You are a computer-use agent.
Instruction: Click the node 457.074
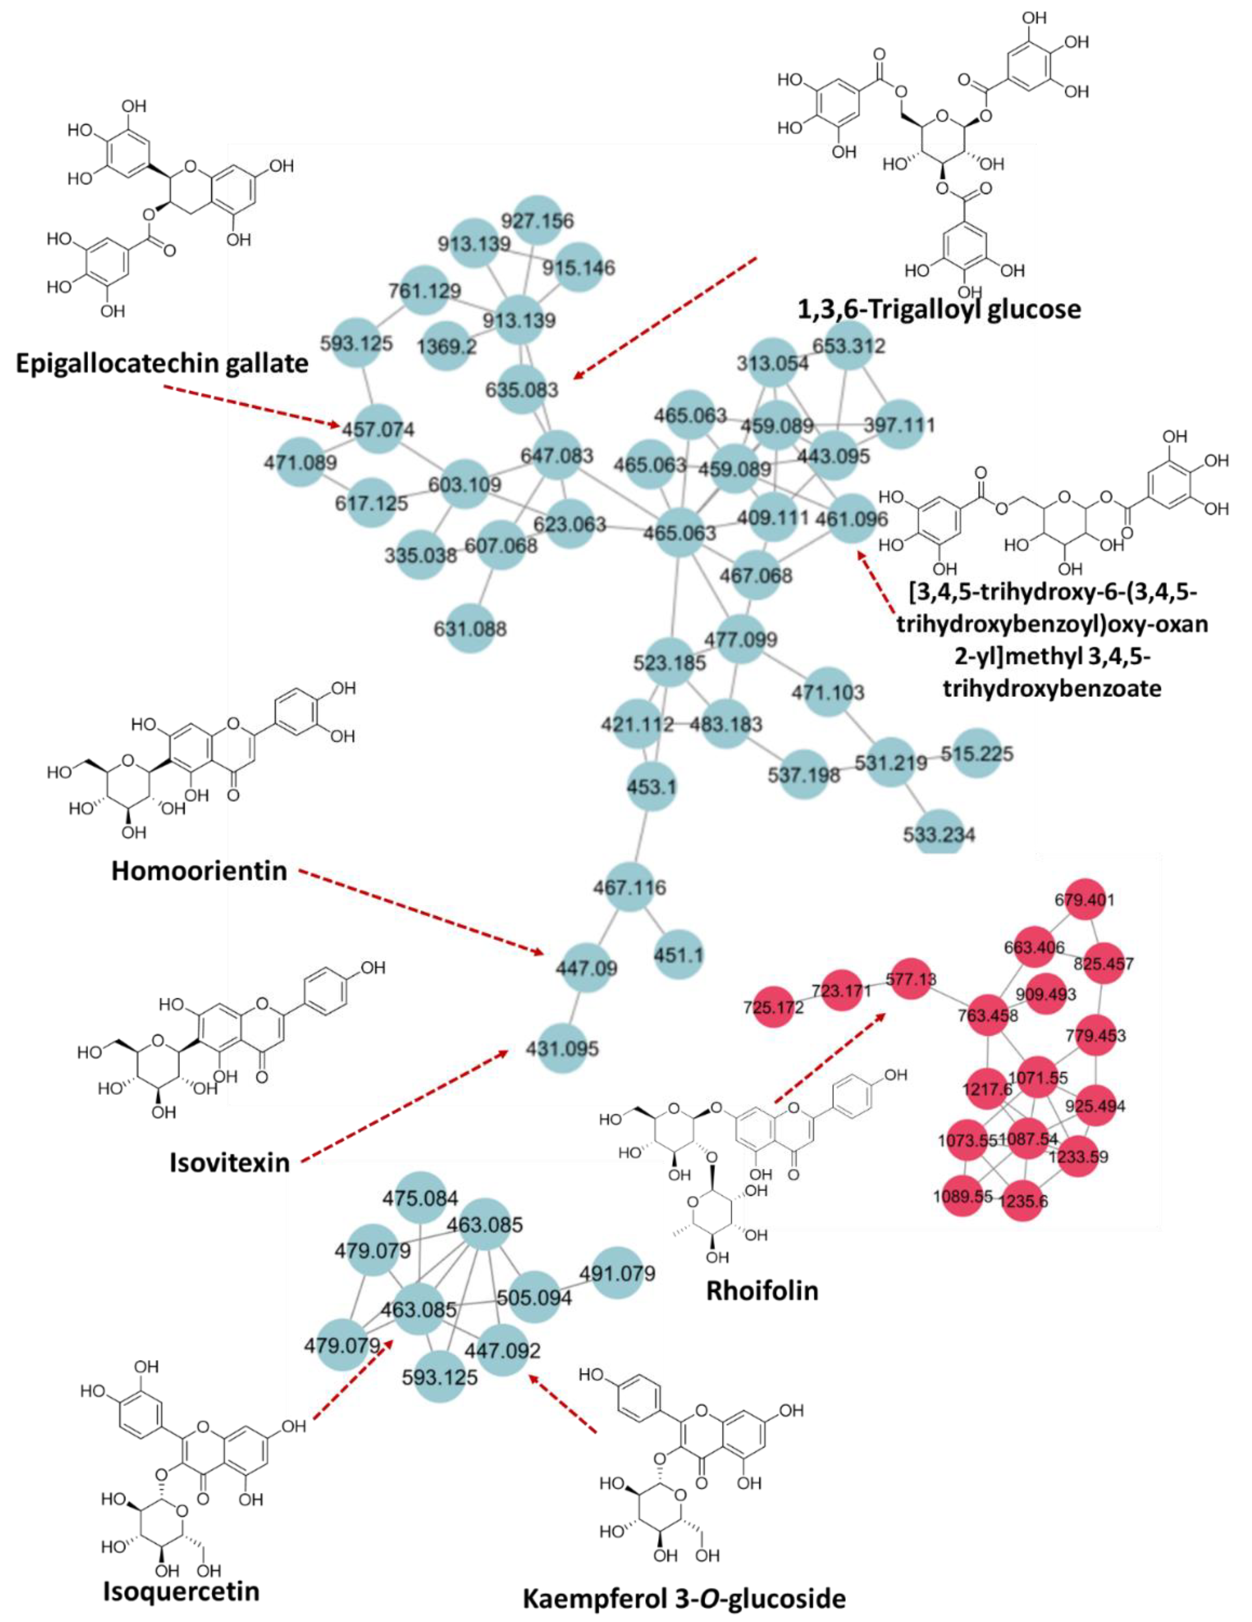(378, 429)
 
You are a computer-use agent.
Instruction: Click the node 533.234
(939, 833)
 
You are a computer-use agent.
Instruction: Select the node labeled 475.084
(420, 1198)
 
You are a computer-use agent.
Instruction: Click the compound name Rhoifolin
(762, 1291)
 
